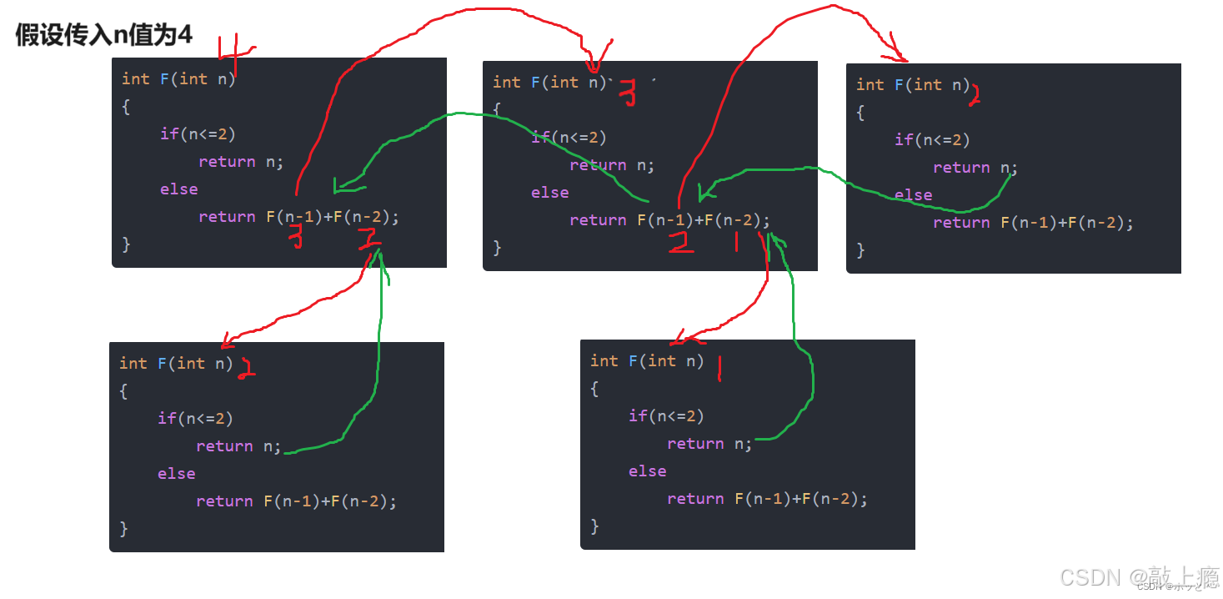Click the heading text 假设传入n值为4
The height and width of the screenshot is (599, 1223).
pyautogui.click(x=104, y=35)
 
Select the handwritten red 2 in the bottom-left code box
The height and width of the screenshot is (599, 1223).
pyautogui.click(x=246, y=369)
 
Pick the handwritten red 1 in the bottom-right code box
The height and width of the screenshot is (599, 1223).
pyautogui.click(x=719, y=367)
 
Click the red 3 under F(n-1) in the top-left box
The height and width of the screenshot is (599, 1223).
pyautogui.click(x=296, y=239)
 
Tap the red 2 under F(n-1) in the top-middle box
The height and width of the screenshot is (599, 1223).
pyautogui.click(x=681, y=243)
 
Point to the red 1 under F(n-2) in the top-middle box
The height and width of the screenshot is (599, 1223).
pyautogui.click(x=735, y=242)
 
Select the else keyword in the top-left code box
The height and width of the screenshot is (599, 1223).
pyautogui.click(x=179, y=189)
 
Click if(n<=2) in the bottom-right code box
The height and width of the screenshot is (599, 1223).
pyautogui.click(x=666, y=415)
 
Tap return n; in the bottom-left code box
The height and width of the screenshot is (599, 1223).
pyautogui.click(x=238, y=446)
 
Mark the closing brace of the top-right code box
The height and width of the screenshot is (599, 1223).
pyautogui.click(x=860, y=250)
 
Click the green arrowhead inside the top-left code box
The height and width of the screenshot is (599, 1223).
pyautogui.click(x=337, y=185)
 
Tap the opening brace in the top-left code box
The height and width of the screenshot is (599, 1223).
pyautogui.click(x=126, y=107)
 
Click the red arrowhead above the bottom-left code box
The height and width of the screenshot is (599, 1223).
pyautogui.click(x=225, y=344)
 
